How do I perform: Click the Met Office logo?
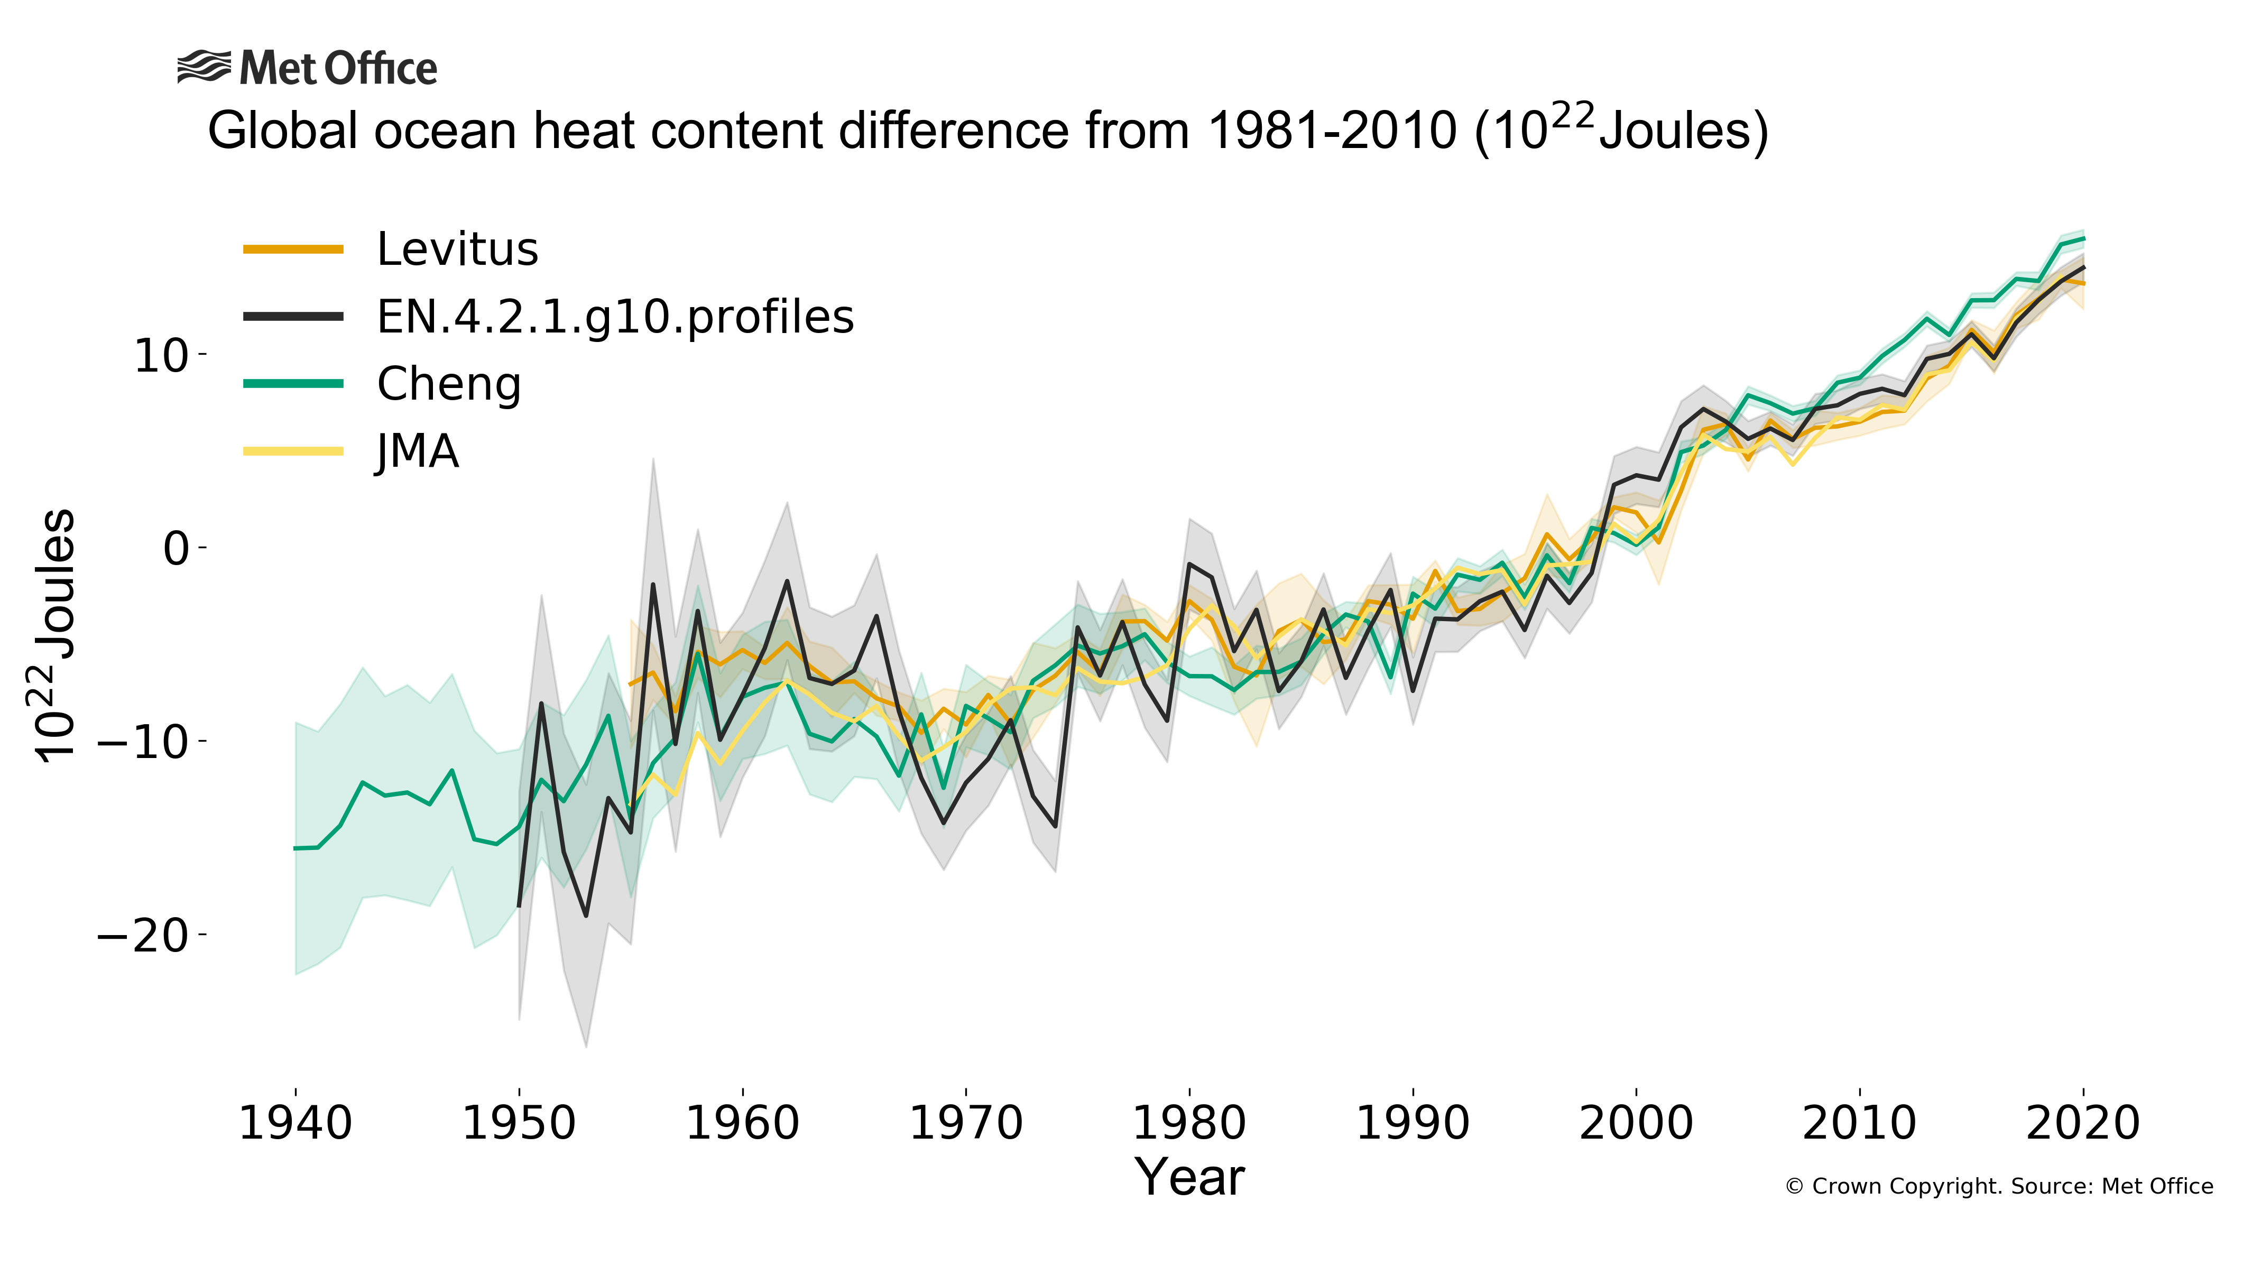coord(307,68)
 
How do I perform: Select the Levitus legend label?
coord(457,250)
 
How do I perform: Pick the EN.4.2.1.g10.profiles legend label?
coord(615,317)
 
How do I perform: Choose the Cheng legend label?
coord(448,384)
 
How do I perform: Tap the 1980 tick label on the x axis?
coord(1189,1123)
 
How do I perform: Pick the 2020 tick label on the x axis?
coord(2083,1123)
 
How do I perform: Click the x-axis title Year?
coord(1189,1178)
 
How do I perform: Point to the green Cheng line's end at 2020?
coord(2083,238)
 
